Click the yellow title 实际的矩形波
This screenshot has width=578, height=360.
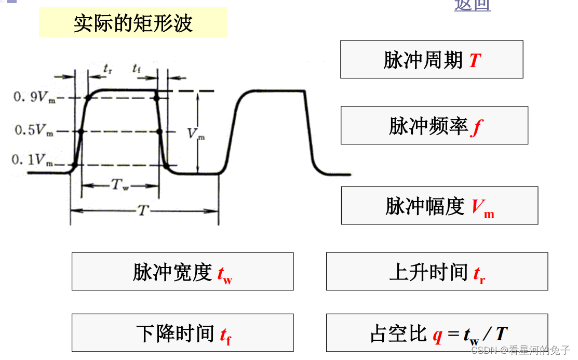(133, 23)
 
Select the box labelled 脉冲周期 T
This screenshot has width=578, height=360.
(431, 60)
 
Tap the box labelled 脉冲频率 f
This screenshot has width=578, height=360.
(434, 126)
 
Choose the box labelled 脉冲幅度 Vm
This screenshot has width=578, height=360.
(439, 206)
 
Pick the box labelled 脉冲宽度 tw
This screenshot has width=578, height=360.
(182, 272)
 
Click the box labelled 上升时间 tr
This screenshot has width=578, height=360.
(437, 272)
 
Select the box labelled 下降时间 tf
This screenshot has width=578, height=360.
(182, 333)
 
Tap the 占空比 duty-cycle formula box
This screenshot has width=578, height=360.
(437, 333)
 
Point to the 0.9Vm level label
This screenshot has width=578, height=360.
(34, 97)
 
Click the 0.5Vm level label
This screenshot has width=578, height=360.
(34, 131)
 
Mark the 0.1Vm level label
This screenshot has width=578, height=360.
(33, 160)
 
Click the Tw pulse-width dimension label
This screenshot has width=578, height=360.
(120, 185)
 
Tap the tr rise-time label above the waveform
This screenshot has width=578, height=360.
(107, 68)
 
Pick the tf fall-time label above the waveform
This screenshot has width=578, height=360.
(137, 68)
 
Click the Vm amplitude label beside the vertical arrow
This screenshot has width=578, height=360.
(195, 134)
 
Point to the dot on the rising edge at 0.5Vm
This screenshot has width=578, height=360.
(80, 131)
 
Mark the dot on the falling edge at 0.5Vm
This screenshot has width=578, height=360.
(160, 131)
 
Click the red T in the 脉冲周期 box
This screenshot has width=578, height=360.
(475, 61)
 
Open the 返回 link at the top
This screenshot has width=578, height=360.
(472, 5)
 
